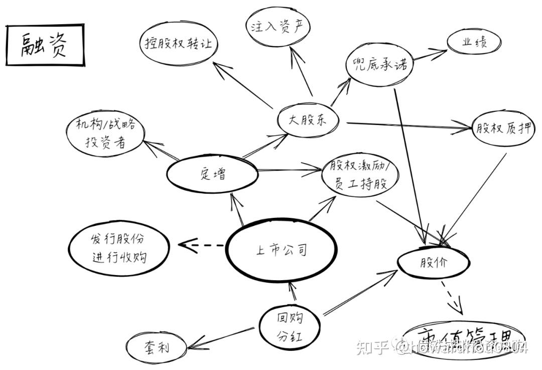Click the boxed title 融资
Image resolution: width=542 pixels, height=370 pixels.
click(x=45, y=45)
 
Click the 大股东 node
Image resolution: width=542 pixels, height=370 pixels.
click(x=308, y=120)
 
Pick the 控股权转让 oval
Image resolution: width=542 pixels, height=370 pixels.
click(x=178, y=43)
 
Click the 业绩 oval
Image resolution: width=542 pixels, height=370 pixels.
click(x=474, y=42)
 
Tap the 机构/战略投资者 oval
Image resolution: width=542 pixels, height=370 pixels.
click(x=105, y=133)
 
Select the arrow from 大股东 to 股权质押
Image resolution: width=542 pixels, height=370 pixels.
click(x=406, y=126)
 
